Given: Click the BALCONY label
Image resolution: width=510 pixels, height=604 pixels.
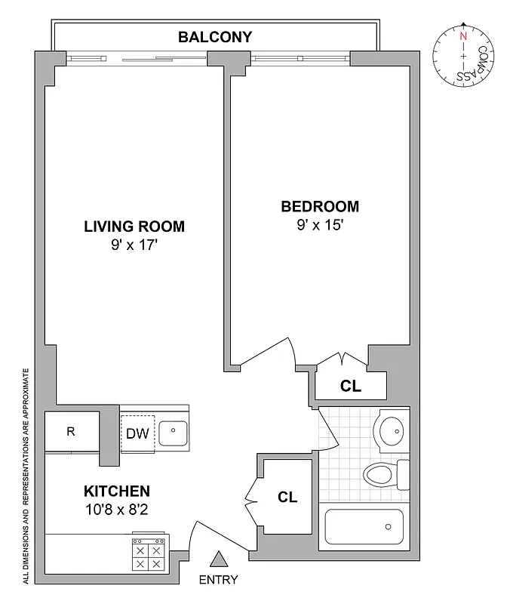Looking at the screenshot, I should [x=214, y=36].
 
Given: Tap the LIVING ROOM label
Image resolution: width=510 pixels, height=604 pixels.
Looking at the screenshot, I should [x=134, y=226].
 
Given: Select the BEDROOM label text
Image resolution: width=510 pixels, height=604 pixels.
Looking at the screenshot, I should [x=320, y=206].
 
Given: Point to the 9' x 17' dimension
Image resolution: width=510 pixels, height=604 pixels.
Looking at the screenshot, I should [x=134, y=245].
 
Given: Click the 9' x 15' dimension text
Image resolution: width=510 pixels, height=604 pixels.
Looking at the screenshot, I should [x=320, y=224].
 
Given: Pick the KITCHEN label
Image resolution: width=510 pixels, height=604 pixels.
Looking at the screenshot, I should [x=116, y=490].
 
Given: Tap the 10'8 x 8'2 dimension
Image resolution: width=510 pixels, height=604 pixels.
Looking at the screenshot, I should [x=116, y=508].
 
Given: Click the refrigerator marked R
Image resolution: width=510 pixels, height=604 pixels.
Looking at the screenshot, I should [x=71, y=433].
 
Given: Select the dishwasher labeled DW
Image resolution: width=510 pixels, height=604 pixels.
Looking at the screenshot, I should [x=137, y=433].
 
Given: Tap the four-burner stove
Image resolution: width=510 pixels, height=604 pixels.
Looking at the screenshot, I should [x=148, y=557].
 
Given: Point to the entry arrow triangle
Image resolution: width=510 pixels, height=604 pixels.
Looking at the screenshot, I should [x=219, y=559].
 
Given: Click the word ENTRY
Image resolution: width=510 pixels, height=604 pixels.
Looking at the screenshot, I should [x=219, y=580].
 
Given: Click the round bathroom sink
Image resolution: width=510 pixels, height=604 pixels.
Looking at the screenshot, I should [x=392, y=431].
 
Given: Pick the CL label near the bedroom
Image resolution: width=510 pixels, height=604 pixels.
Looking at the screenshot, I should [x=351, y=386].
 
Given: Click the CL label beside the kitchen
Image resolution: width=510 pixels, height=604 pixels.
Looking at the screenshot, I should [x=287, y=498].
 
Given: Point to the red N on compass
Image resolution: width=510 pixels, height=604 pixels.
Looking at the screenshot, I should [x=462, y=35].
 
